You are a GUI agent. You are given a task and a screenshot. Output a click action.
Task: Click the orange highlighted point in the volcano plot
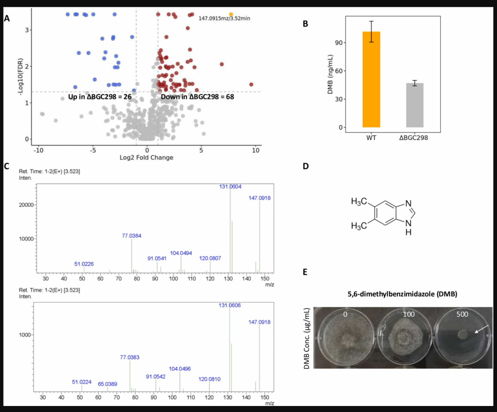coord(231,14)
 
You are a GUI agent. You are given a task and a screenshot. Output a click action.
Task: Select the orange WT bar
coord(371,80)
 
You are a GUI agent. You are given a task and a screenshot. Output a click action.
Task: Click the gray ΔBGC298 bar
coord(415,105)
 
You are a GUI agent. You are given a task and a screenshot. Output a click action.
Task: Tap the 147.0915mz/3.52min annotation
coord(224,18)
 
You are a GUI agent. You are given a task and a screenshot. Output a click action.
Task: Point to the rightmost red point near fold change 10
coord(251,85)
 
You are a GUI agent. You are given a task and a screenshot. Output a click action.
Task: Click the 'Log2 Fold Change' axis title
coord(146,157)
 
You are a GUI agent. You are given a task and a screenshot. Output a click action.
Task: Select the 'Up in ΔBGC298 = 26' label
coord(100,97)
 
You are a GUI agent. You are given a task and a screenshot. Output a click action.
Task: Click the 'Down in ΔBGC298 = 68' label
coord(197,97)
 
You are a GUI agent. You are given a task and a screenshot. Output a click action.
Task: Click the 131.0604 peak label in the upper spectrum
coord(230,187)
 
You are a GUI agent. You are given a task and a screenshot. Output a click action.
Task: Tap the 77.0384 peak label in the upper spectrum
coord(132,235)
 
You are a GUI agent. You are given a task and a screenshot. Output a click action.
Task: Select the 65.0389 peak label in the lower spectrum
coord(107,384)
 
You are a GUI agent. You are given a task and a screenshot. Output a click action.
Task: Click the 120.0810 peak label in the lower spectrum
coord(209,379)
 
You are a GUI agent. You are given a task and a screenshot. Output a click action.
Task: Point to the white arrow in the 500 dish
coord(482,329)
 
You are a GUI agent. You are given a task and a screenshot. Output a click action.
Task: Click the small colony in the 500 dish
coord(463,334)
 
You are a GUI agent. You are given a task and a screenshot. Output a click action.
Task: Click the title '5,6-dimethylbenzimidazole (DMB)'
coord(403,294)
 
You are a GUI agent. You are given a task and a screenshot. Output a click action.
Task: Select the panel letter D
coord(306,166)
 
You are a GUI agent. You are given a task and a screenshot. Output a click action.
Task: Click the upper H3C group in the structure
coord(359,202)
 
